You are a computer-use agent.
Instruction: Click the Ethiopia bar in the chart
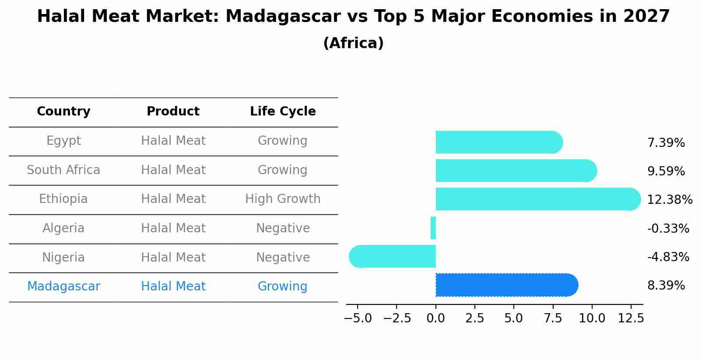(x=537, y=199)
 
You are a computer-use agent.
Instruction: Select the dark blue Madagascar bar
(x=506, y=285)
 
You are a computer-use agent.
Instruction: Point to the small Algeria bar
(x=433, y=228)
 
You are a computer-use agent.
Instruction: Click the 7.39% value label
(x=666, y=143)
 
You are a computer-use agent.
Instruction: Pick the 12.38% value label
(x=669, y=200)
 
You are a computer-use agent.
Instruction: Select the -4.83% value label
(x=668, y=257)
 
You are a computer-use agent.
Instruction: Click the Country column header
(x=63, y=112)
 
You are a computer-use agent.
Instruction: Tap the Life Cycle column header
(x=283, y=112)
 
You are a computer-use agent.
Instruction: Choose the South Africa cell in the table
(x=63, y=170)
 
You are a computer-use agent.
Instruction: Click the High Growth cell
(x=283, y=199)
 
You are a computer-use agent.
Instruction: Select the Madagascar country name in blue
(x=63, y=287)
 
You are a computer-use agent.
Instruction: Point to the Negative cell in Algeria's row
(x=283, y=228)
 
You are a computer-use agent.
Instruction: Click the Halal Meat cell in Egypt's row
(x=173, y=141)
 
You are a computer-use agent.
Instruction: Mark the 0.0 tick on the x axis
(x=435, y=318)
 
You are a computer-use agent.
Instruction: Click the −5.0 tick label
(x=358, y=318)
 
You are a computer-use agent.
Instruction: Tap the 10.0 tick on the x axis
(x=592, y=318)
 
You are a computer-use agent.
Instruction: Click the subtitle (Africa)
(x=353, y=43)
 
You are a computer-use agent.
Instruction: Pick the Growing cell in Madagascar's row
(x=282, y=287)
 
